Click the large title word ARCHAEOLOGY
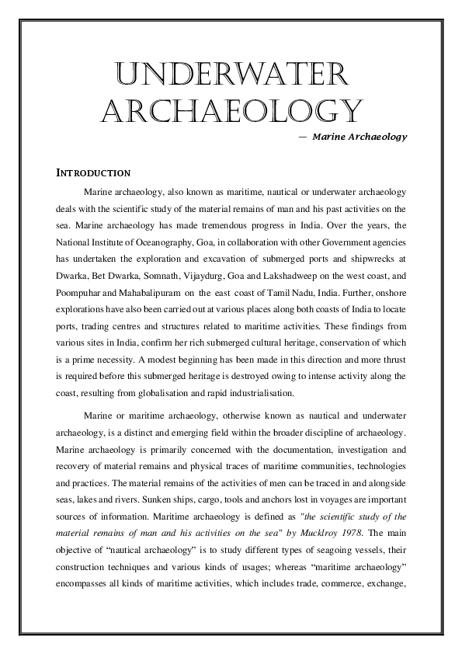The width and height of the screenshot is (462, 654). point(231,111)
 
